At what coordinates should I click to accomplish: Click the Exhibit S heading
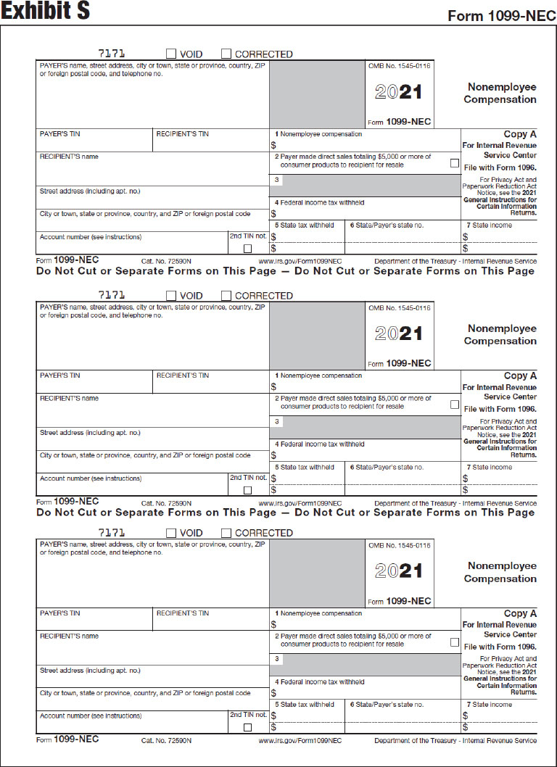46,13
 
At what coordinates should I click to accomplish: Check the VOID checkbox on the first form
171,54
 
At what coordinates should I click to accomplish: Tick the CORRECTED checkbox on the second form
226,296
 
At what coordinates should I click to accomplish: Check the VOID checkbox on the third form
171,533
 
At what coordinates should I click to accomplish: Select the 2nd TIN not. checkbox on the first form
247,249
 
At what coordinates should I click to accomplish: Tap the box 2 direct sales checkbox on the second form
454,405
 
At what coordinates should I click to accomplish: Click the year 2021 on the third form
398,571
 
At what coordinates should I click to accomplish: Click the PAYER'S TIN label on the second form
60,376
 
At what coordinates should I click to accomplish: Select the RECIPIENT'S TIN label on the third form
182,613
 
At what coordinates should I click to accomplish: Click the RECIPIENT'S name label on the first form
69,157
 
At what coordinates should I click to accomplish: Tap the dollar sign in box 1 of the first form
273,145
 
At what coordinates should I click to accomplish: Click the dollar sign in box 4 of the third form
273,693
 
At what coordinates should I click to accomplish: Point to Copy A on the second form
520,376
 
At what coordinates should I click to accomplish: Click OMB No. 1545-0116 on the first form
399,66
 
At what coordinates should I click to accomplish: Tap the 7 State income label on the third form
489,705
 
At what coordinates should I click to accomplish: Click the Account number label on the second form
91,478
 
